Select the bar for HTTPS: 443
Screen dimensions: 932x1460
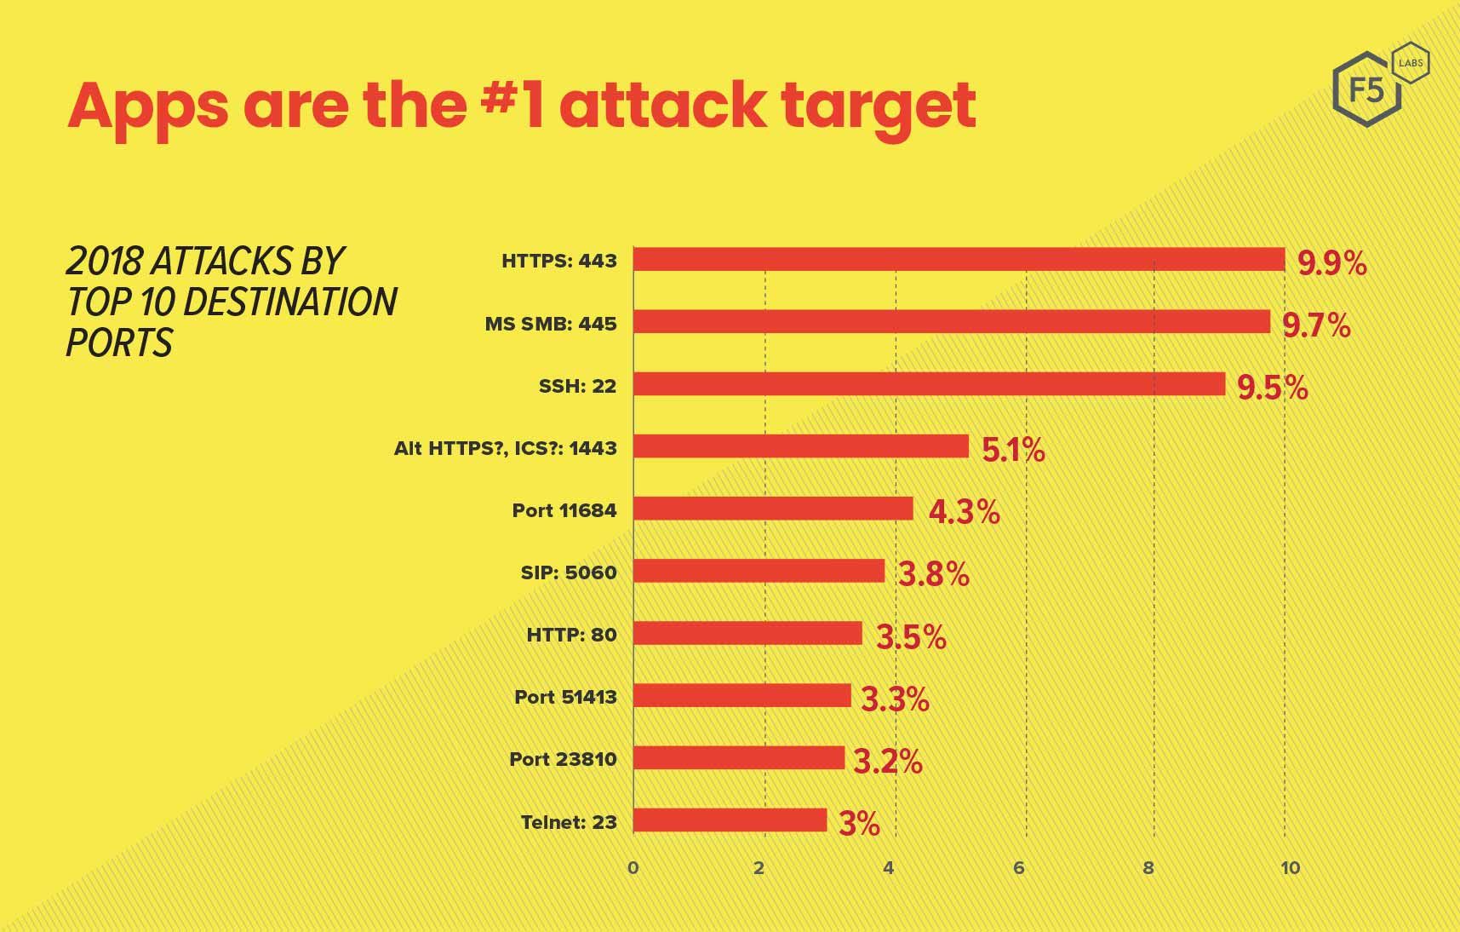pos(959,260)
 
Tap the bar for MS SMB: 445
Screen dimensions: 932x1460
pos(951,322)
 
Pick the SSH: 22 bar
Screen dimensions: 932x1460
pos(929,384)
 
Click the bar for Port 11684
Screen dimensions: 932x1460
pos(773,509)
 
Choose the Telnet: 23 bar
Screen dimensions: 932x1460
pos(730,820)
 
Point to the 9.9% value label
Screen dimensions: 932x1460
pos(1331,263)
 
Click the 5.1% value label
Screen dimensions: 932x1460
pos(1013,449)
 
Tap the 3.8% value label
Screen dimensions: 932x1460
pos(934,574)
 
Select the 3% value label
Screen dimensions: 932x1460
pos(859,824)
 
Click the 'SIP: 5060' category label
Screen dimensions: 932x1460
pos(568,572)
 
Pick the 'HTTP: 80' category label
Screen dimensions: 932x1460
pos(571,635)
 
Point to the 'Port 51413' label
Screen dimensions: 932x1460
pos(565,697)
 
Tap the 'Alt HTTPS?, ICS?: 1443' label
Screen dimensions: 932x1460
pos(505,448)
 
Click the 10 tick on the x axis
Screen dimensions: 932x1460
pos(1290,868)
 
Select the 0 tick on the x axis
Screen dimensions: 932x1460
pos(633,868)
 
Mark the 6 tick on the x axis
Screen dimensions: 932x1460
pos(1018,868)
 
